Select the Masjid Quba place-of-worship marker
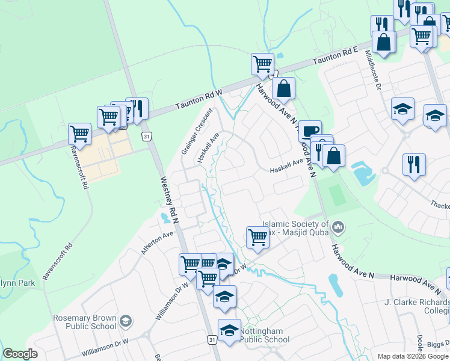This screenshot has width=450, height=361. [338, 227]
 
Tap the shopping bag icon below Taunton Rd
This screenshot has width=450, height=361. [283, 88]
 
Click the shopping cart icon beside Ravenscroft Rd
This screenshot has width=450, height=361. [79, 133]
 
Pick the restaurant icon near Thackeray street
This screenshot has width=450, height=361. [414, 164]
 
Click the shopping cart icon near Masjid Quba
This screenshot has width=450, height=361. [257, 236]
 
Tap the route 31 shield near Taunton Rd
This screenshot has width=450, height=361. [147, 137]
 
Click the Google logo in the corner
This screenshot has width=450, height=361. [20, 353]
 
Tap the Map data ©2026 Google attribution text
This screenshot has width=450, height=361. [413, 356]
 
